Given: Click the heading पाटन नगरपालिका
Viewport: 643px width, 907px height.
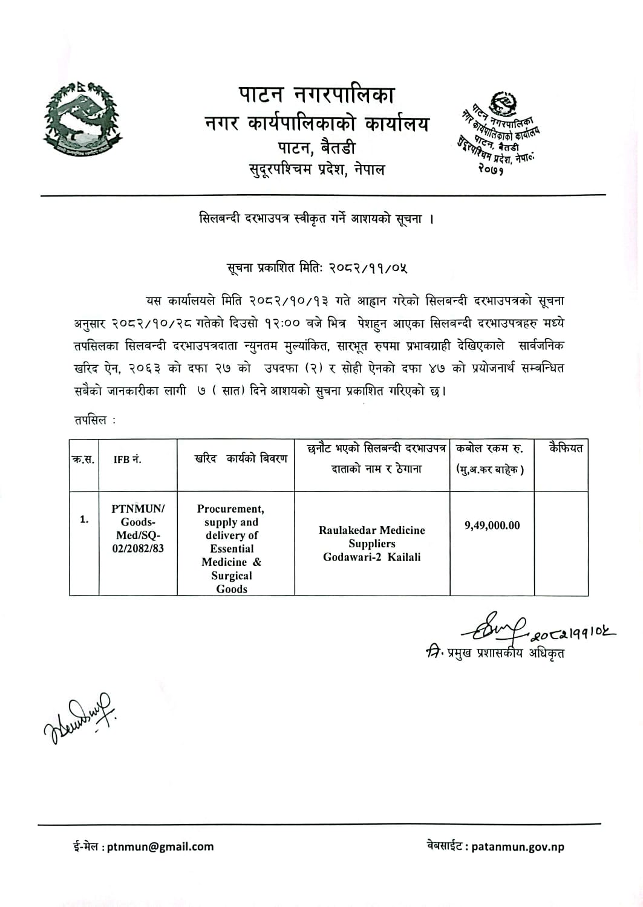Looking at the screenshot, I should pyautogui.click(x=316, y=95).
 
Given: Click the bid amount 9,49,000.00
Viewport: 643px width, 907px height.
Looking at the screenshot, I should pyautogui.click(x=492, y=525).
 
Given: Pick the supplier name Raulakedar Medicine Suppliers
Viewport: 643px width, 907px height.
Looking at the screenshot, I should pyautogui.click(x=371, y=537).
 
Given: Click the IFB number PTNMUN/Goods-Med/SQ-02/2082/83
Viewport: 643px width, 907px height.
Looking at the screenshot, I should pyautogui.click(x=138, y=528).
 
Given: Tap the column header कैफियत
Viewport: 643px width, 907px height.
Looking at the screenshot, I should pyautogui.click(x=566, y=449).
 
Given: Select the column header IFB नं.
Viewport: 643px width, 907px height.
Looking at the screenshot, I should pyautogui.click(x=128, y=460).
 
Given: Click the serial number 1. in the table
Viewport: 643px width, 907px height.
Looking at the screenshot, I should pyautogui.click(x=84, y=519).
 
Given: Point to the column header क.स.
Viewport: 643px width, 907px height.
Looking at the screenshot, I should pyautogui.click(x=83, y=460).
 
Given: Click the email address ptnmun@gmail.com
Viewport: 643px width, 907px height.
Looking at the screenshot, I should pyautogui.click(x=160, y=847).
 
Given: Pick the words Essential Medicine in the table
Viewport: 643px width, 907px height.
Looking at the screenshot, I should pyautogui.click(x=232, y=555).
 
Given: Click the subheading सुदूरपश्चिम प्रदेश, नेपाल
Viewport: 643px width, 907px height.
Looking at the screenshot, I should pyautogui.click(x=316, y=169).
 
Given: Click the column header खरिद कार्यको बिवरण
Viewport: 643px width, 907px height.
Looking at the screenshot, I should pyautogui.click(x=241, y=459).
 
